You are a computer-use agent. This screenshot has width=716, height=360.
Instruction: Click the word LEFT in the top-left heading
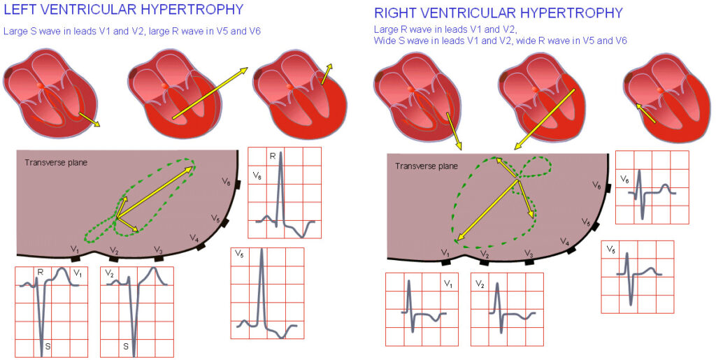[x=22, y=10]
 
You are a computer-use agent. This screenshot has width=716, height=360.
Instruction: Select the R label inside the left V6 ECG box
[x=272, y=156]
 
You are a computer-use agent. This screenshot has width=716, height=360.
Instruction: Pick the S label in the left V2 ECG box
[x=126, y=345]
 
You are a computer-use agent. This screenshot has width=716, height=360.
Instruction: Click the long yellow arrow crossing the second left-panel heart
[x=210, y=94]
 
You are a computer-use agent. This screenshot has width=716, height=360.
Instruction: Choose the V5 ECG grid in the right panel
[x=637, y=277]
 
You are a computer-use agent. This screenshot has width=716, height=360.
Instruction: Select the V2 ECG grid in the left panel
[x=136, y=312]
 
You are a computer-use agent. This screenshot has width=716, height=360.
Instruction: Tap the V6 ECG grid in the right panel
[x=652, y=187]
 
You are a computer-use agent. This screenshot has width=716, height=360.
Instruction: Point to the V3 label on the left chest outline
[x=158, y=250]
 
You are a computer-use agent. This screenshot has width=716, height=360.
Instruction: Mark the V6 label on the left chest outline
[x=226, y=182]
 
